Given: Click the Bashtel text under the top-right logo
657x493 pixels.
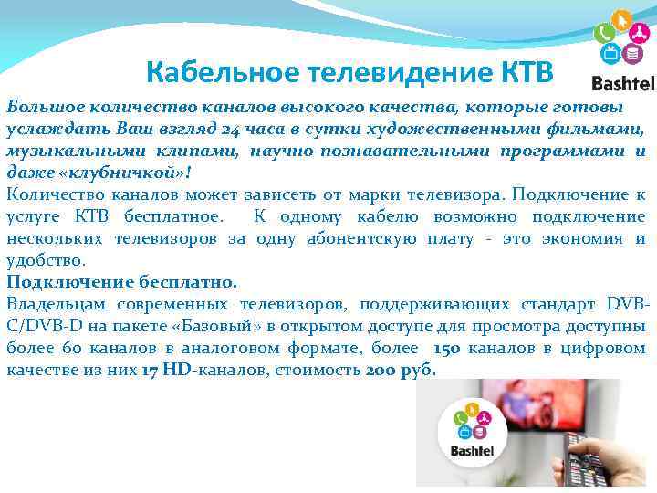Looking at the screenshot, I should pyautogui.click(x=622, y=84).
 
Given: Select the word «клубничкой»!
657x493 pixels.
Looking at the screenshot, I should pyautogui.click(x=97, y=171).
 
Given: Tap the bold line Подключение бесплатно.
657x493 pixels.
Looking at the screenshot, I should pyautogui.click(x=121, y=282).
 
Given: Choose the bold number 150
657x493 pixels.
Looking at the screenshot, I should pyautogui.click(x=447, y=348).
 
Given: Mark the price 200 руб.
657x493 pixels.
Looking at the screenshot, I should pyautogui.click(x=401, y=370).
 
